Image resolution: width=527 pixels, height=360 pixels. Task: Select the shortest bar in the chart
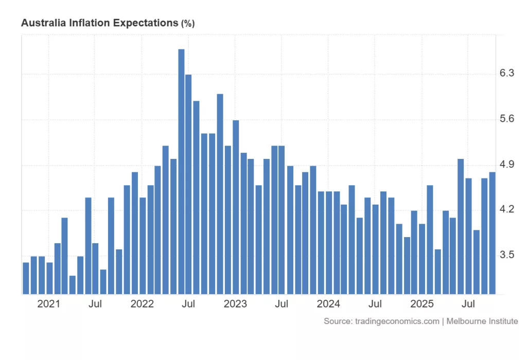point(73,285)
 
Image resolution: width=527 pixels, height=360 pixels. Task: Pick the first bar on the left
point(26,278)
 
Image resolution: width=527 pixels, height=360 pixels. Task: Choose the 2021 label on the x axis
point(49,304)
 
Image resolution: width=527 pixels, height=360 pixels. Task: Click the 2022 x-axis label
point(142,304)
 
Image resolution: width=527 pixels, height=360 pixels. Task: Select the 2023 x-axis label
point(236,304)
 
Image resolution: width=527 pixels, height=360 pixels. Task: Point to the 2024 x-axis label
point(329,304)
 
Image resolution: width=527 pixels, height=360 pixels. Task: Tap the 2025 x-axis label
point(422,304)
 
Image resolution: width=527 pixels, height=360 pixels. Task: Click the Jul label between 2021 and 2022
point(95,304)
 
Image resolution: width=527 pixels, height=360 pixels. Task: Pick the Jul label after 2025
point(468,304)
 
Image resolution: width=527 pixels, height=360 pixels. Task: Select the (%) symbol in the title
point(188,24)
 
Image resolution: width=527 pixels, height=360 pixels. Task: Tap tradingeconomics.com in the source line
point(396,321)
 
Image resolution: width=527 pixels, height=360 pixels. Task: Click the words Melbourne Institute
point(482,321)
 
